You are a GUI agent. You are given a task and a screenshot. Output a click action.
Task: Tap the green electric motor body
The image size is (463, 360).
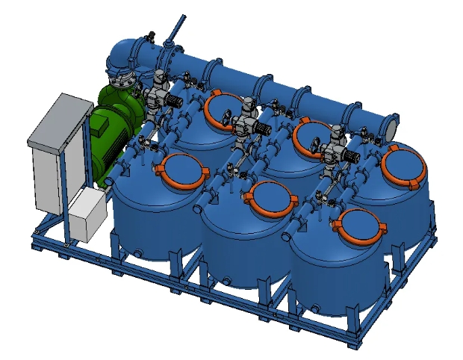point(112,142)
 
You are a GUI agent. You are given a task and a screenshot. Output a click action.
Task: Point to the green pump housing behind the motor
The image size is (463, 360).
point(119,97)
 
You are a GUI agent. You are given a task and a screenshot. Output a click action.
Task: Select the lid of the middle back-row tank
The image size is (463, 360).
point(314,137)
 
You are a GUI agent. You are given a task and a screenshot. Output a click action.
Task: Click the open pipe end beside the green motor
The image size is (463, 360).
point(109,181)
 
